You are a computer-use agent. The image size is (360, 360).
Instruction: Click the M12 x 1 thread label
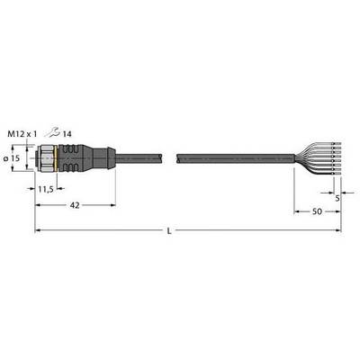[x=22, y=134]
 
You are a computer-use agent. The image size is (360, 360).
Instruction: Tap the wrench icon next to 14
[x=52, y=132]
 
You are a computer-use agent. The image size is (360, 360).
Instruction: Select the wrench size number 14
[x=67, y=134]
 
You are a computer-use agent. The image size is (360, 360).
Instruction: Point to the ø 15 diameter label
[x=12, y=158]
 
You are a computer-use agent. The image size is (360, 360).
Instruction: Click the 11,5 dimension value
[x=46, y=189]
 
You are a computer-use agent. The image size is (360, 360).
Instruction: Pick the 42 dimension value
[x=75, y=205]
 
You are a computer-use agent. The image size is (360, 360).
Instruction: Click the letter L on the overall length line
[x=169, y=230]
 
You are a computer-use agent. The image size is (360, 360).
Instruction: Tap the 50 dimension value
[x=317, y=211]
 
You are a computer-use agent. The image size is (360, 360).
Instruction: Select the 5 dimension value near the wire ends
[x=337, y=198]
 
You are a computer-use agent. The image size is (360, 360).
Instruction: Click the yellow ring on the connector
[x=55, y=158]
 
